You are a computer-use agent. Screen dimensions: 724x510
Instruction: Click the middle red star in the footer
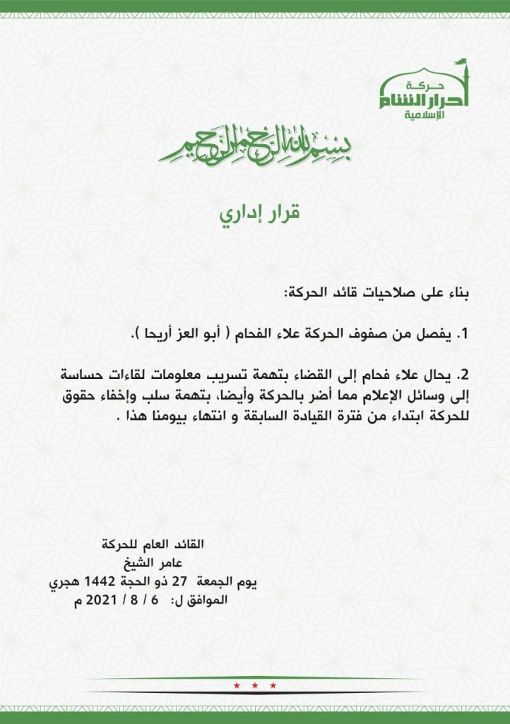click(x=254, y=685)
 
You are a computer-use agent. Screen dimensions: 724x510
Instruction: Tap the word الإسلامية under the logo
click(x=423, y=115)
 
